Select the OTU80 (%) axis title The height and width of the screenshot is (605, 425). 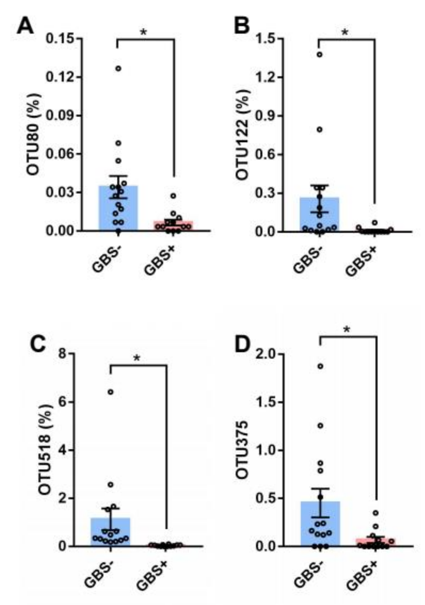[34, 134]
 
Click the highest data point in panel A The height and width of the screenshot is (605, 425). [118, 68]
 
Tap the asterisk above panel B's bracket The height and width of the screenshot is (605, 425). [345, 33]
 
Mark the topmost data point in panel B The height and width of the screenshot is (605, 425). [320, 55]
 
